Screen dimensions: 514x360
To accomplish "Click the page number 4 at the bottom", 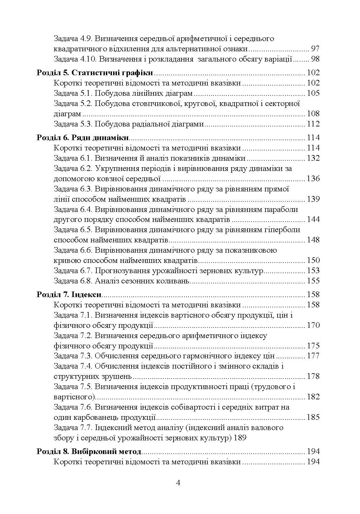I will tap(178, 483).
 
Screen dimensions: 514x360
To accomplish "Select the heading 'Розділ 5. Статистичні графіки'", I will tap(95, 73).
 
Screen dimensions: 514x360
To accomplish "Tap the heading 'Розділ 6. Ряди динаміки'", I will tap(83, 138).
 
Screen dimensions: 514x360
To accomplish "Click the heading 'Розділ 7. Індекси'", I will tap(69, 294).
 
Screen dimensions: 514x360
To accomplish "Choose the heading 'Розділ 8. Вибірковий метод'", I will tap(89, 452).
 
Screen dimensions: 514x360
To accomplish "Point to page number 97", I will tap(315, 49).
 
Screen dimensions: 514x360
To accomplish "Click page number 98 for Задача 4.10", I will tap(315, 59).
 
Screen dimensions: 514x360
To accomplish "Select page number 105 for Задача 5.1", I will tap(313, 94).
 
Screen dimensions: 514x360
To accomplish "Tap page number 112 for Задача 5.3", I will tap(313, 124).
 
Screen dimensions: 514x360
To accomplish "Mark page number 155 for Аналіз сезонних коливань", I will tap(313, 281).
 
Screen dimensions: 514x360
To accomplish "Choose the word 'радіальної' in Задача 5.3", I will tap(148, 124).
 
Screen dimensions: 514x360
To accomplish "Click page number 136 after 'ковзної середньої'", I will tap(313, 179).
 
